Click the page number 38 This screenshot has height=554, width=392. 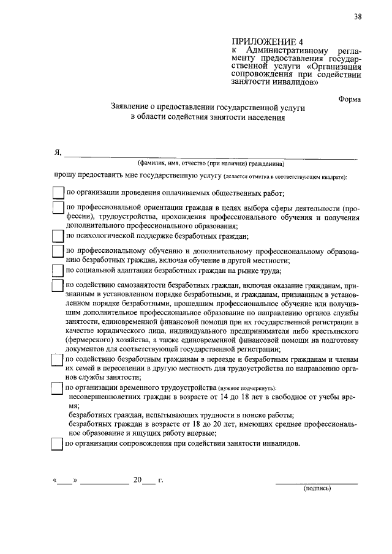point(357,17)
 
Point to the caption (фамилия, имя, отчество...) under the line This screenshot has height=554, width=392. point(211,164)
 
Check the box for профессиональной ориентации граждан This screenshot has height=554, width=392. point(58,208)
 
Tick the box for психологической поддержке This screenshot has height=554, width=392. point(58,236)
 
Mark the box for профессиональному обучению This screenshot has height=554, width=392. point(58,252)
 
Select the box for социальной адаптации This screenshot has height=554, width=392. point(58,270)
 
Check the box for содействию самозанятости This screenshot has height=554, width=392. point(58,286)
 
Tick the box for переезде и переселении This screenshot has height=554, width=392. point(58,361)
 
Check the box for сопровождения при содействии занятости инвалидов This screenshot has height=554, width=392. point(58,444)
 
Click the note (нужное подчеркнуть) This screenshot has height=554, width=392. point(247,389)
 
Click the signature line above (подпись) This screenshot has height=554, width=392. point(317,483)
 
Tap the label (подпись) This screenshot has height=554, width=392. point(317,490)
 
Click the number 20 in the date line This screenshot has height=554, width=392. point(138,480)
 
